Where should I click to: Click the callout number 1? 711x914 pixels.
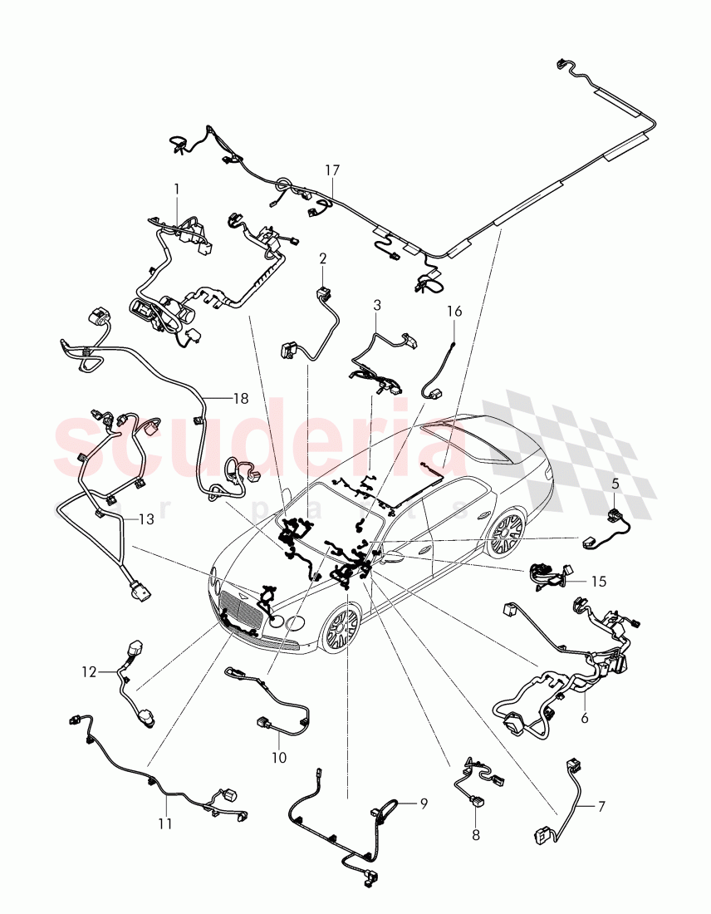pyautogui.click(x=176, y=189)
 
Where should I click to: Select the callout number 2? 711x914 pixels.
pyautogui.click(x=323, y=258)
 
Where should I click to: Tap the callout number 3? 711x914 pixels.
pyautogui.click(x=377, y=305)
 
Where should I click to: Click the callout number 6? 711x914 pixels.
pyautogui.click(x=585, y=718)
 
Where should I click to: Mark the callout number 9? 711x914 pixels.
pyautogui.click(x=423, y=803)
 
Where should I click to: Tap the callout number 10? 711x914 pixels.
pyautogui.click(x=279, y=758)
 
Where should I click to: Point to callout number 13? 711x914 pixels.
pyautogui.click(x=146, y=520)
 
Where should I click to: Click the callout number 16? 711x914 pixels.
pyautogui.click(x=454, y=312)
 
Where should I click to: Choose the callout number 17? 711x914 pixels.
pyautogui.click(x=332, y=170)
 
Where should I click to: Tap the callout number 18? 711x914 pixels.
pyautogui.click(x=240, y=399)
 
